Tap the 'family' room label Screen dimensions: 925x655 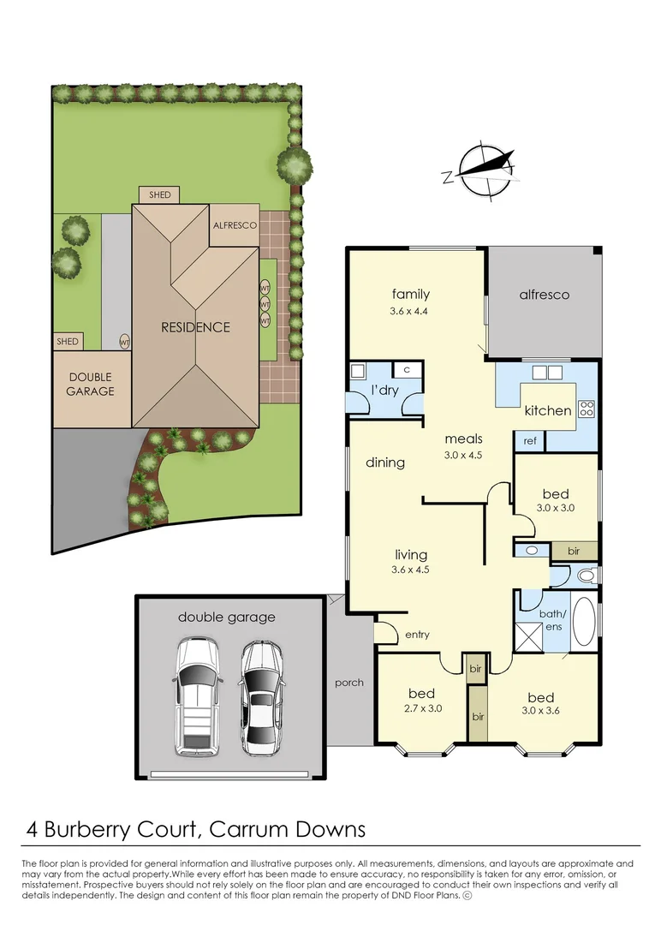tap(410, 295)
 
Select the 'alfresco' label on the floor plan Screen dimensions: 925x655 tap(544, 295)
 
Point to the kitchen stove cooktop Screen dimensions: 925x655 tap(587, 409)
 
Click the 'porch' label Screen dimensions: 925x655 tap(349, 683)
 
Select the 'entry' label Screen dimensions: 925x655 tap(417, 635)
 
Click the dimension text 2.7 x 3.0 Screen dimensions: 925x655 tap(421, 708)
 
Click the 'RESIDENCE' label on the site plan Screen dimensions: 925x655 tap(197, 327)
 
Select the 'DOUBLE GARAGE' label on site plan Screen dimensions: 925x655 tap(91, 385)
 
